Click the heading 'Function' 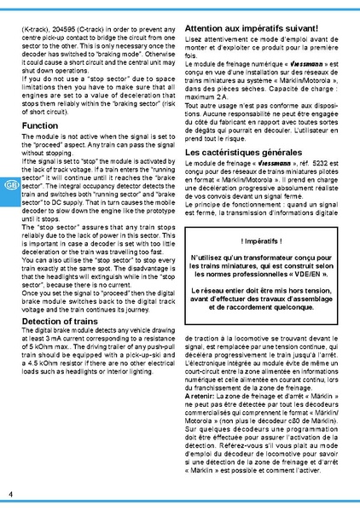coord(40,125)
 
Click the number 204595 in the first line coord(74,28)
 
